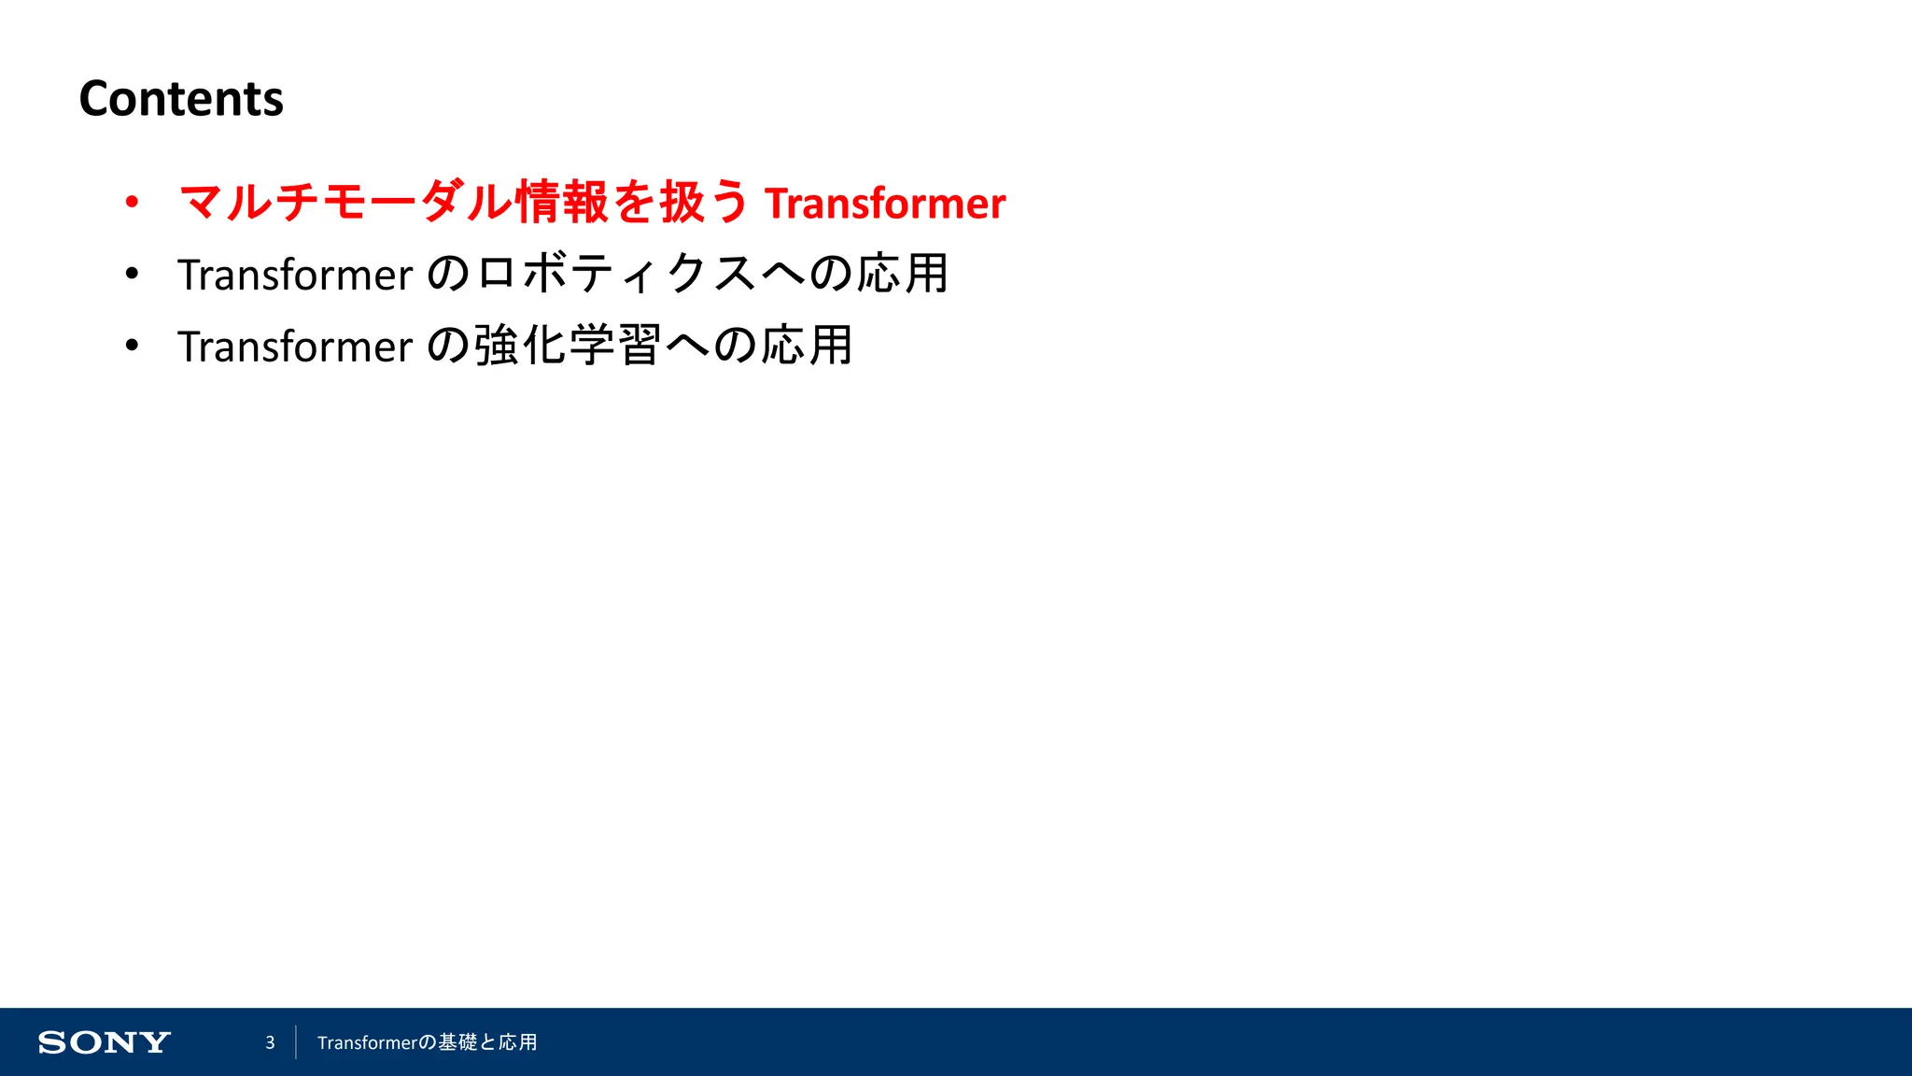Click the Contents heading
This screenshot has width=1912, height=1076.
pos(181,99)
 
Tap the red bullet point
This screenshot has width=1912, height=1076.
pos(132,202)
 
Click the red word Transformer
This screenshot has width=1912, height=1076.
pos(885,204)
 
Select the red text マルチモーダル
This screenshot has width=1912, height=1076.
pos(345,202)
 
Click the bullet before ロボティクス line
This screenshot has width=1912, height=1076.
pos(132,274)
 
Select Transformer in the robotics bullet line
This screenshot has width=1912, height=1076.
pos(295,276)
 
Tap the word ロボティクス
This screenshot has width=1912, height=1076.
pos(616,274)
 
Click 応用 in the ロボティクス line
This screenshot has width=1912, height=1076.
pos(903,274)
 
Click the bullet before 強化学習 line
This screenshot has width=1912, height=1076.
pos(132,346)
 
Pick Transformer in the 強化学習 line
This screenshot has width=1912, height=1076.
pos(295,347)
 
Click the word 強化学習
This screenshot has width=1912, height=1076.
pos(569,346)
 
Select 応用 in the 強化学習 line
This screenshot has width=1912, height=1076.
pos(807,346)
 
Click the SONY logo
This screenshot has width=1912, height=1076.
pos(105,1042)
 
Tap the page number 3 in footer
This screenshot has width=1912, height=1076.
pos(270,1042)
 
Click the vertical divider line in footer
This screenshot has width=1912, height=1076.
pos(296,1042)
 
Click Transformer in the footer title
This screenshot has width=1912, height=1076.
pos(366,1042)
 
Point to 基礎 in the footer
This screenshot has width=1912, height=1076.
pos(457,1042)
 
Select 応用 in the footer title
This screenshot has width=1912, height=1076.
pos(518,1042)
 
